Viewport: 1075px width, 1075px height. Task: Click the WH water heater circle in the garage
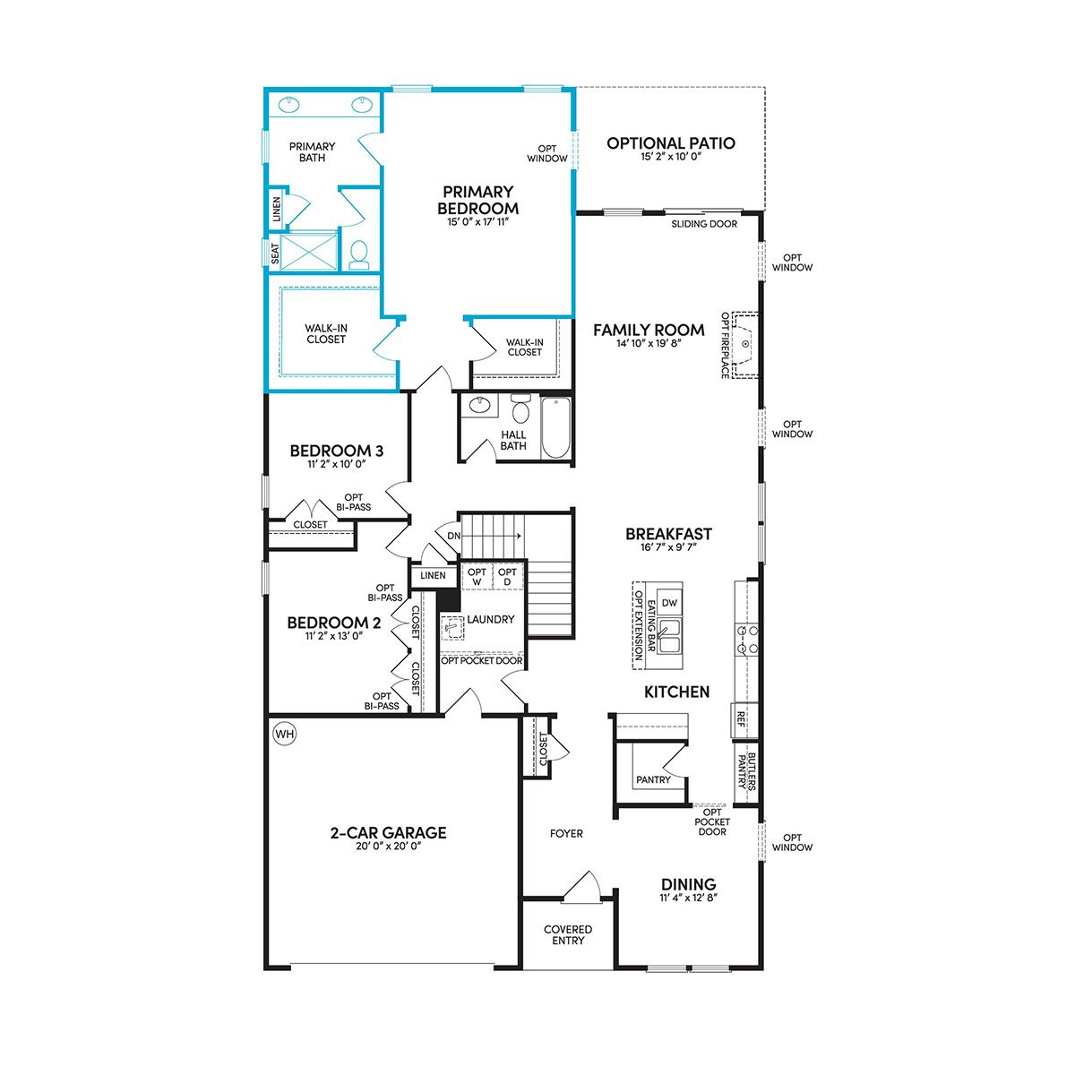point(285,734)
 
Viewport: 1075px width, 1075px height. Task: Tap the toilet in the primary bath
point(358,255)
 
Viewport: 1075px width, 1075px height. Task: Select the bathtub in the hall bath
point(555,428)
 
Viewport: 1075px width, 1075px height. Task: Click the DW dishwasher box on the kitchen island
point(669,603)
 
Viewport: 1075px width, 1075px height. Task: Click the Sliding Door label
point(704,224)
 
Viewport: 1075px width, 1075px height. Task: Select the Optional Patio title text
point(671,142)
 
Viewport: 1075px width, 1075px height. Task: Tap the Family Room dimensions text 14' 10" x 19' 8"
point(649,343)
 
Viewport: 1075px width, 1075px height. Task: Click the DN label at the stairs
point(453,536)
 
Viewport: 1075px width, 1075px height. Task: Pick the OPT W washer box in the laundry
point(477,577)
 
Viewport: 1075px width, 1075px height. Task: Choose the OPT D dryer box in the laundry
point(507,577)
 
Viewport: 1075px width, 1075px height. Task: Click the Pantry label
point(653,779)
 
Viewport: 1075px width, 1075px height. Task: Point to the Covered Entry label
point(568,934)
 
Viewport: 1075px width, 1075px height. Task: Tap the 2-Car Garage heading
point(388,832)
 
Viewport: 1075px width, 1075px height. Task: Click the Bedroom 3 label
point(337,451)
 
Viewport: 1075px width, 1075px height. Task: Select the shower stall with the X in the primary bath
point(309,252)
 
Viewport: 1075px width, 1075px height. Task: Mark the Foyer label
point(566,833)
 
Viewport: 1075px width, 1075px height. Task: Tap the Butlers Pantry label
point(746,772)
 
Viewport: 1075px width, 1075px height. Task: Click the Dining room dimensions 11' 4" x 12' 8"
point(688,898)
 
